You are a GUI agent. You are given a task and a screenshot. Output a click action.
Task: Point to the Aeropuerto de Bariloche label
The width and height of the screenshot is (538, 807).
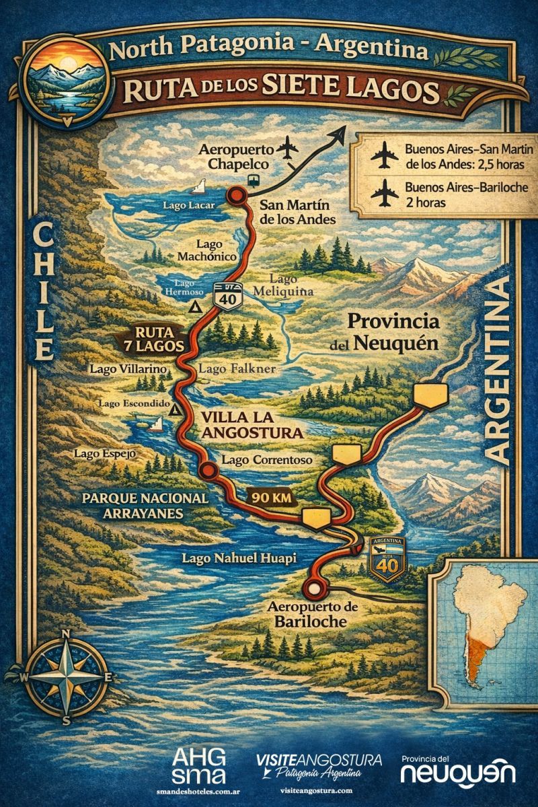310,613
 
